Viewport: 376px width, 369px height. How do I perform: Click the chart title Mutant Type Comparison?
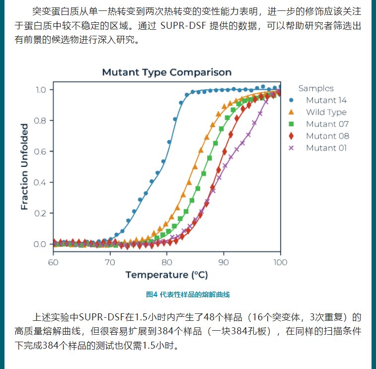point(166,73)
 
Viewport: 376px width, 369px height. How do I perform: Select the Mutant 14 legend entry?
point(326,100)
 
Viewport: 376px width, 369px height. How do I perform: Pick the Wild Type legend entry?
point(326,112)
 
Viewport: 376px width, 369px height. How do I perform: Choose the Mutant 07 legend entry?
point(327,124)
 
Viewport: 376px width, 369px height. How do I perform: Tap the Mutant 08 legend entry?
point(327,136)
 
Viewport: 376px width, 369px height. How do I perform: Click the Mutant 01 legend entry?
point(326,148)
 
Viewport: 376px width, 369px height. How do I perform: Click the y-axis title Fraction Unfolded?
point(24,166)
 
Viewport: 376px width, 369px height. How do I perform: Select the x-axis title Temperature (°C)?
point(166,275)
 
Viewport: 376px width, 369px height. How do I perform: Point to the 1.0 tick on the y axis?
point(40,90)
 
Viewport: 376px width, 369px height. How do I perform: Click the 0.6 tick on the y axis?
point(40,151)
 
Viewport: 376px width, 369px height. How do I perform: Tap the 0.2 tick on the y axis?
point(40,214)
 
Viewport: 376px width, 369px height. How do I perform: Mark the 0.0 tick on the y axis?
point(40,244)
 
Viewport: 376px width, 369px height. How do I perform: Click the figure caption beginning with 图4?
point(188,295)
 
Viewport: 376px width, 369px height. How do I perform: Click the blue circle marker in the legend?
point(292,100)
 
